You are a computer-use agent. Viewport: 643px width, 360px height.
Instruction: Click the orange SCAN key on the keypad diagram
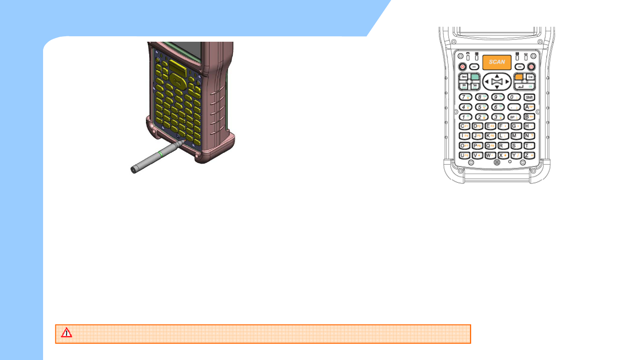pos(497,62)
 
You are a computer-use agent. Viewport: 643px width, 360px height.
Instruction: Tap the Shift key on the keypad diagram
pos(529,97)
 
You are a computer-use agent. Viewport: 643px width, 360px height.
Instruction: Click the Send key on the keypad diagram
pos(464,77)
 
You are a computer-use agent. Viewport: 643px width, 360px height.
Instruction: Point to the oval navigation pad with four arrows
pos(497,82)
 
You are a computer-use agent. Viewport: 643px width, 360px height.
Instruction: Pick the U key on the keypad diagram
pos(464,155)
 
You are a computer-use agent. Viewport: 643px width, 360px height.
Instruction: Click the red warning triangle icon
pos(67,333)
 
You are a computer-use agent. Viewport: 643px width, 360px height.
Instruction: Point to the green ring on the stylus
pos(161,154)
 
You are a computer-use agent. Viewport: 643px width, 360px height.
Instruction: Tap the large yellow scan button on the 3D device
pos(176,68)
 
